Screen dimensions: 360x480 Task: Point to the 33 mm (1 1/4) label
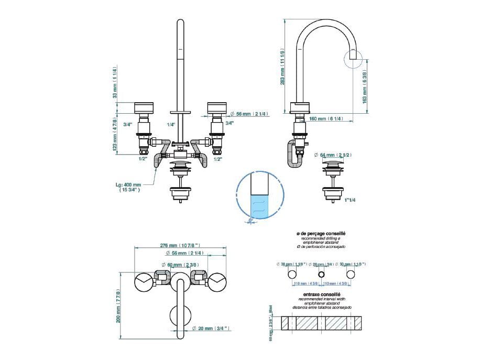(x=114, y=83)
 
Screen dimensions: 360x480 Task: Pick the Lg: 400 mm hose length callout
(x=129, y=188)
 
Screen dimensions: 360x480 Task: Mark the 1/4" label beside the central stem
(x=170, y=124)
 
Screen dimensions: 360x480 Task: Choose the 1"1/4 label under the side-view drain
(x=350, y=200)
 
